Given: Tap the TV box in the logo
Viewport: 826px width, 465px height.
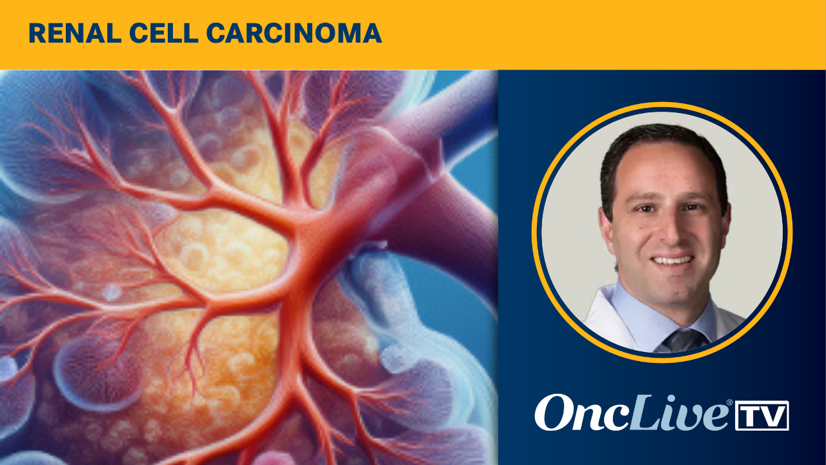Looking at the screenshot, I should tap(762, 415).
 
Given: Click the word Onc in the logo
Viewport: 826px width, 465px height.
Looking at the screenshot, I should tap(574, 414).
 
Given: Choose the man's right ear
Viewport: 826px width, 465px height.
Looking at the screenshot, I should tap(606, 226).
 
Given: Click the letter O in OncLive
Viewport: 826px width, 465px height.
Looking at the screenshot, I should tap(554, 414).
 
